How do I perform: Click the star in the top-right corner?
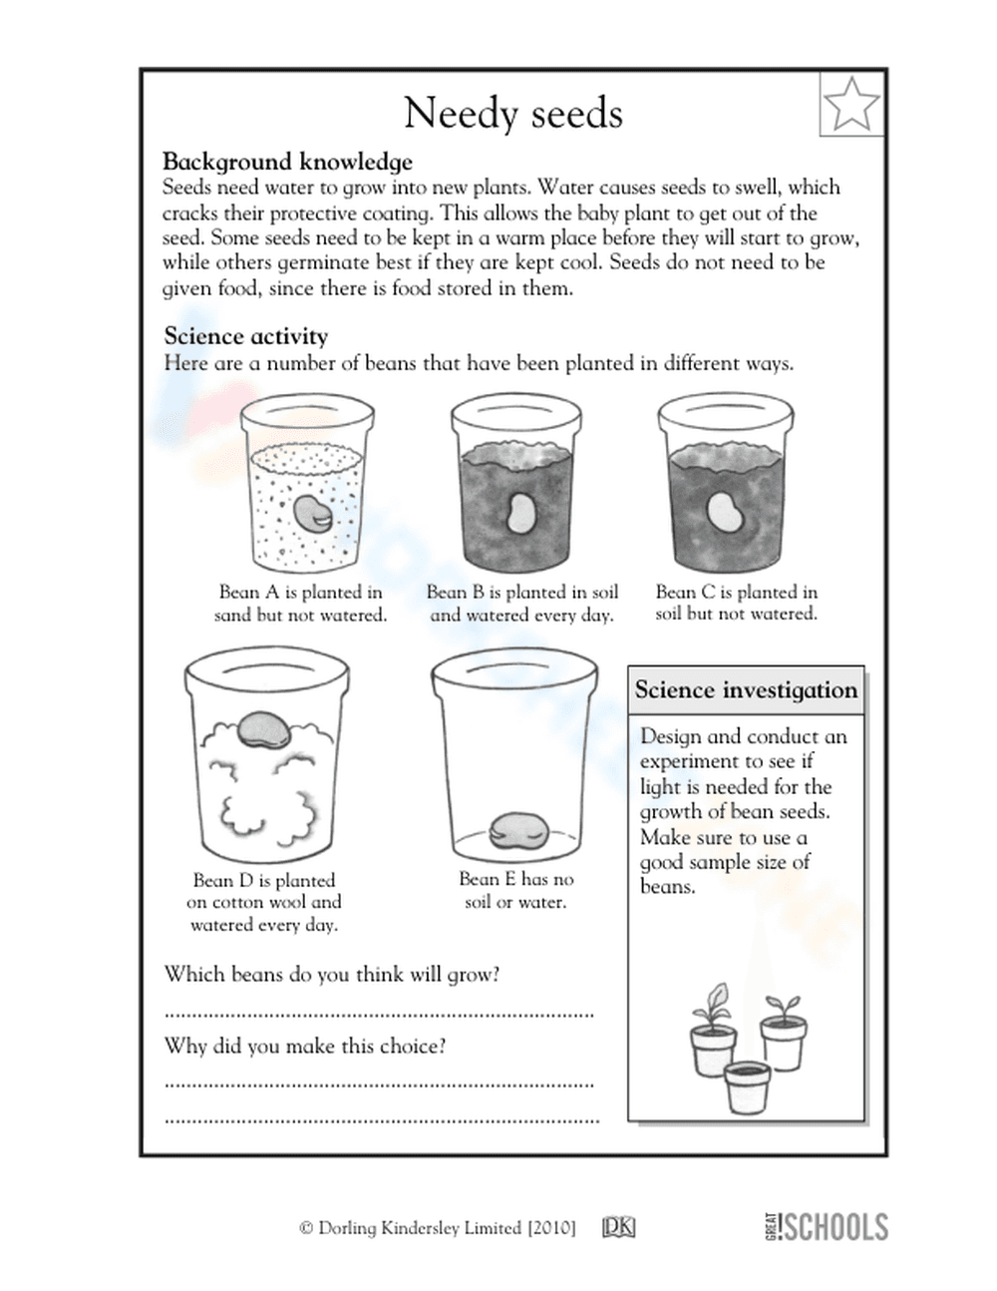pos(852,103)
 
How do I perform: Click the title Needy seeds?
pos(513,114)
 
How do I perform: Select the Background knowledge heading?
pos(287,162)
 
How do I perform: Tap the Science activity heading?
pos(245,336)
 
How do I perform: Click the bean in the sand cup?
pos(312,511)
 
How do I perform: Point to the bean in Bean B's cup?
pos(519,513)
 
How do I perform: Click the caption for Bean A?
pos(300,604)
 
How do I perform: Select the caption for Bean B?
pos(521,604)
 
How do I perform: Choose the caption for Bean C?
pos(736,603)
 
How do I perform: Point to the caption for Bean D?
pos(263,902)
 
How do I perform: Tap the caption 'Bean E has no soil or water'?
pos(515,890)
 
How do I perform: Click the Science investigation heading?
pos(746,690)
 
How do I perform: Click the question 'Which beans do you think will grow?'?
pos(332,974)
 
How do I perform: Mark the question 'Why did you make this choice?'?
pos(305,1046)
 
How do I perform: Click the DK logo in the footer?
pos(618,1228)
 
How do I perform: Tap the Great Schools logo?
pos(826,1226)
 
